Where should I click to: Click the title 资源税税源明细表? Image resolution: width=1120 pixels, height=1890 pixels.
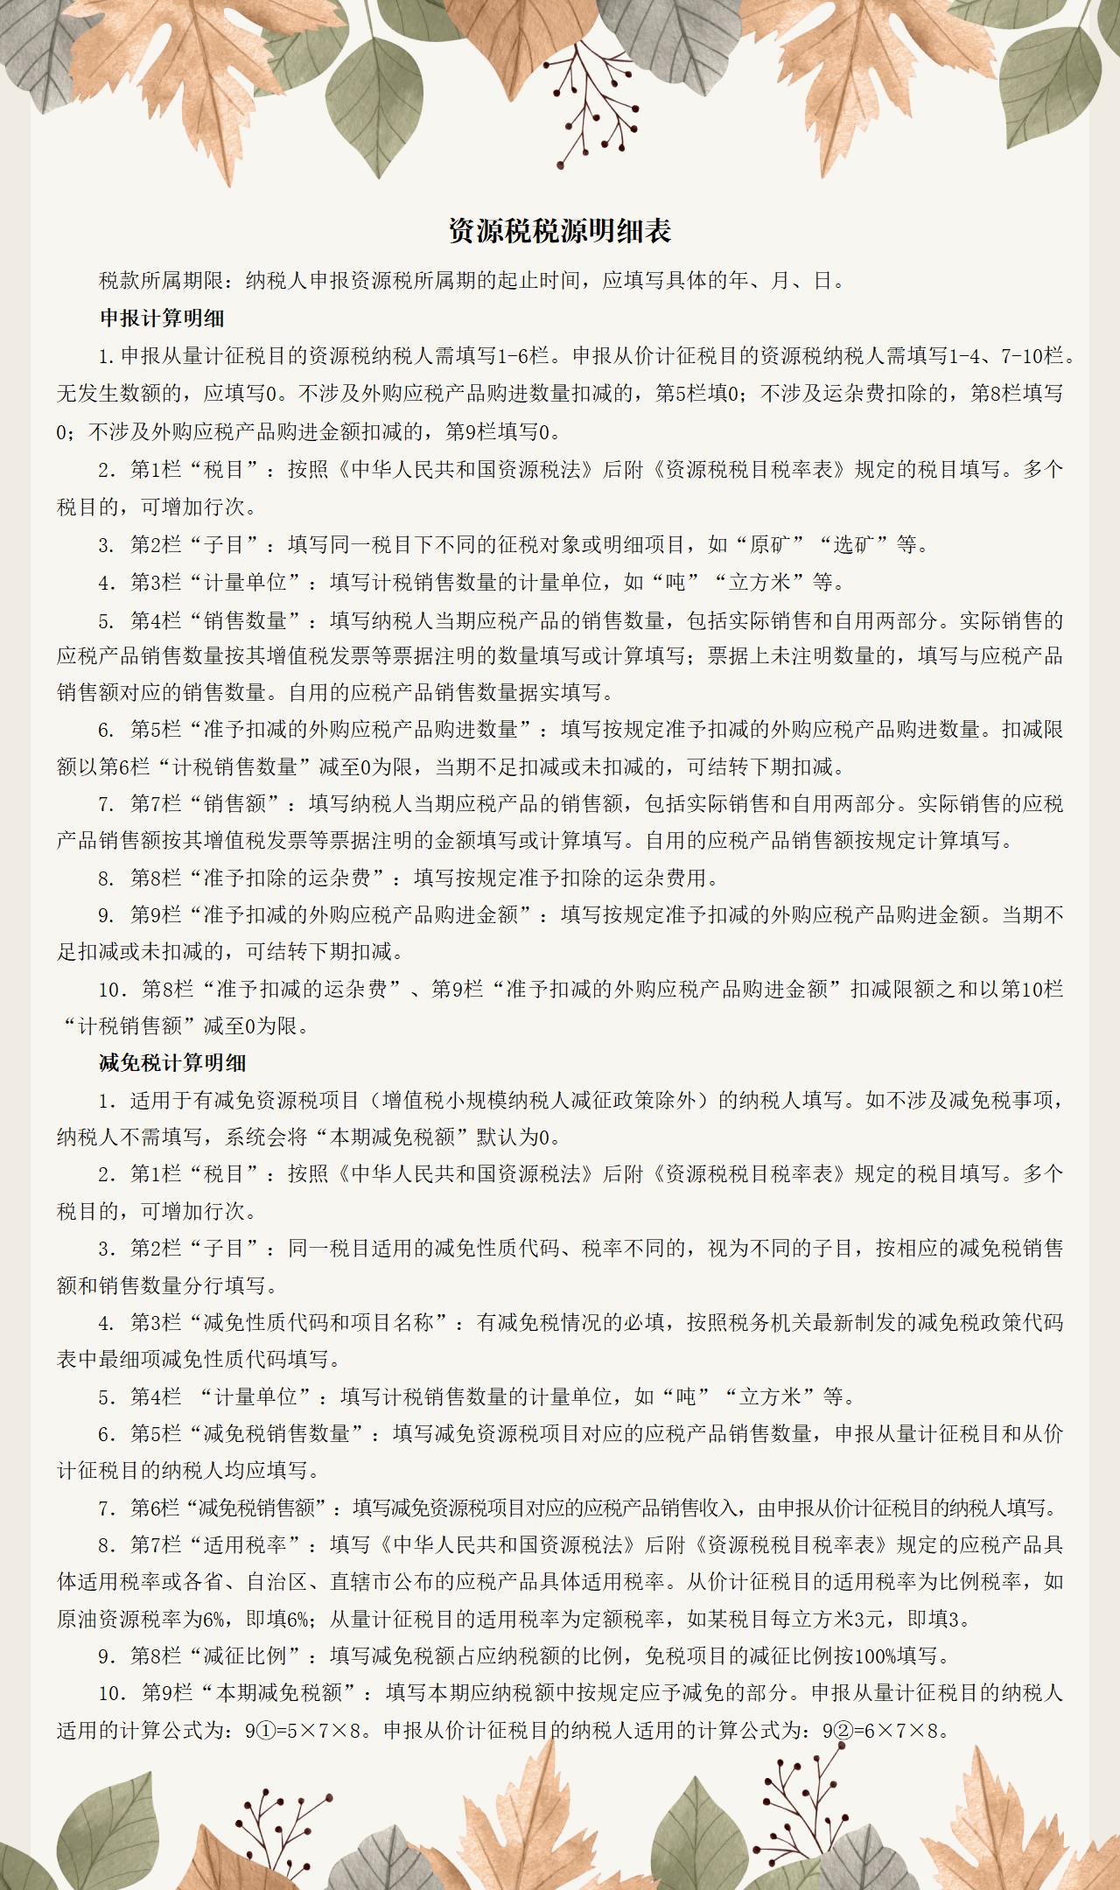tap(560, 231)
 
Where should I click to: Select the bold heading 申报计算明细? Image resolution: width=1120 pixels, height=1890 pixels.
tap(162, 318)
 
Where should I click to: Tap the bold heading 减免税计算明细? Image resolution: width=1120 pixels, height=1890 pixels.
tap(172, 1063)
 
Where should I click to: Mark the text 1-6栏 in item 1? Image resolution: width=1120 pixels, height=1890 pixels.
tap(523, 356)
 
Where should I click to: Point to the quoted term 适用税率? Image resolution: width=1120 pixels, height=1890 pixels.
tap(246, 1544)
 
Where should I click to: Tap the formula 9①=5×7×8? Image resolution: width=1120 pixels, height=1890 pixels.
tap(304, 1731)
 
